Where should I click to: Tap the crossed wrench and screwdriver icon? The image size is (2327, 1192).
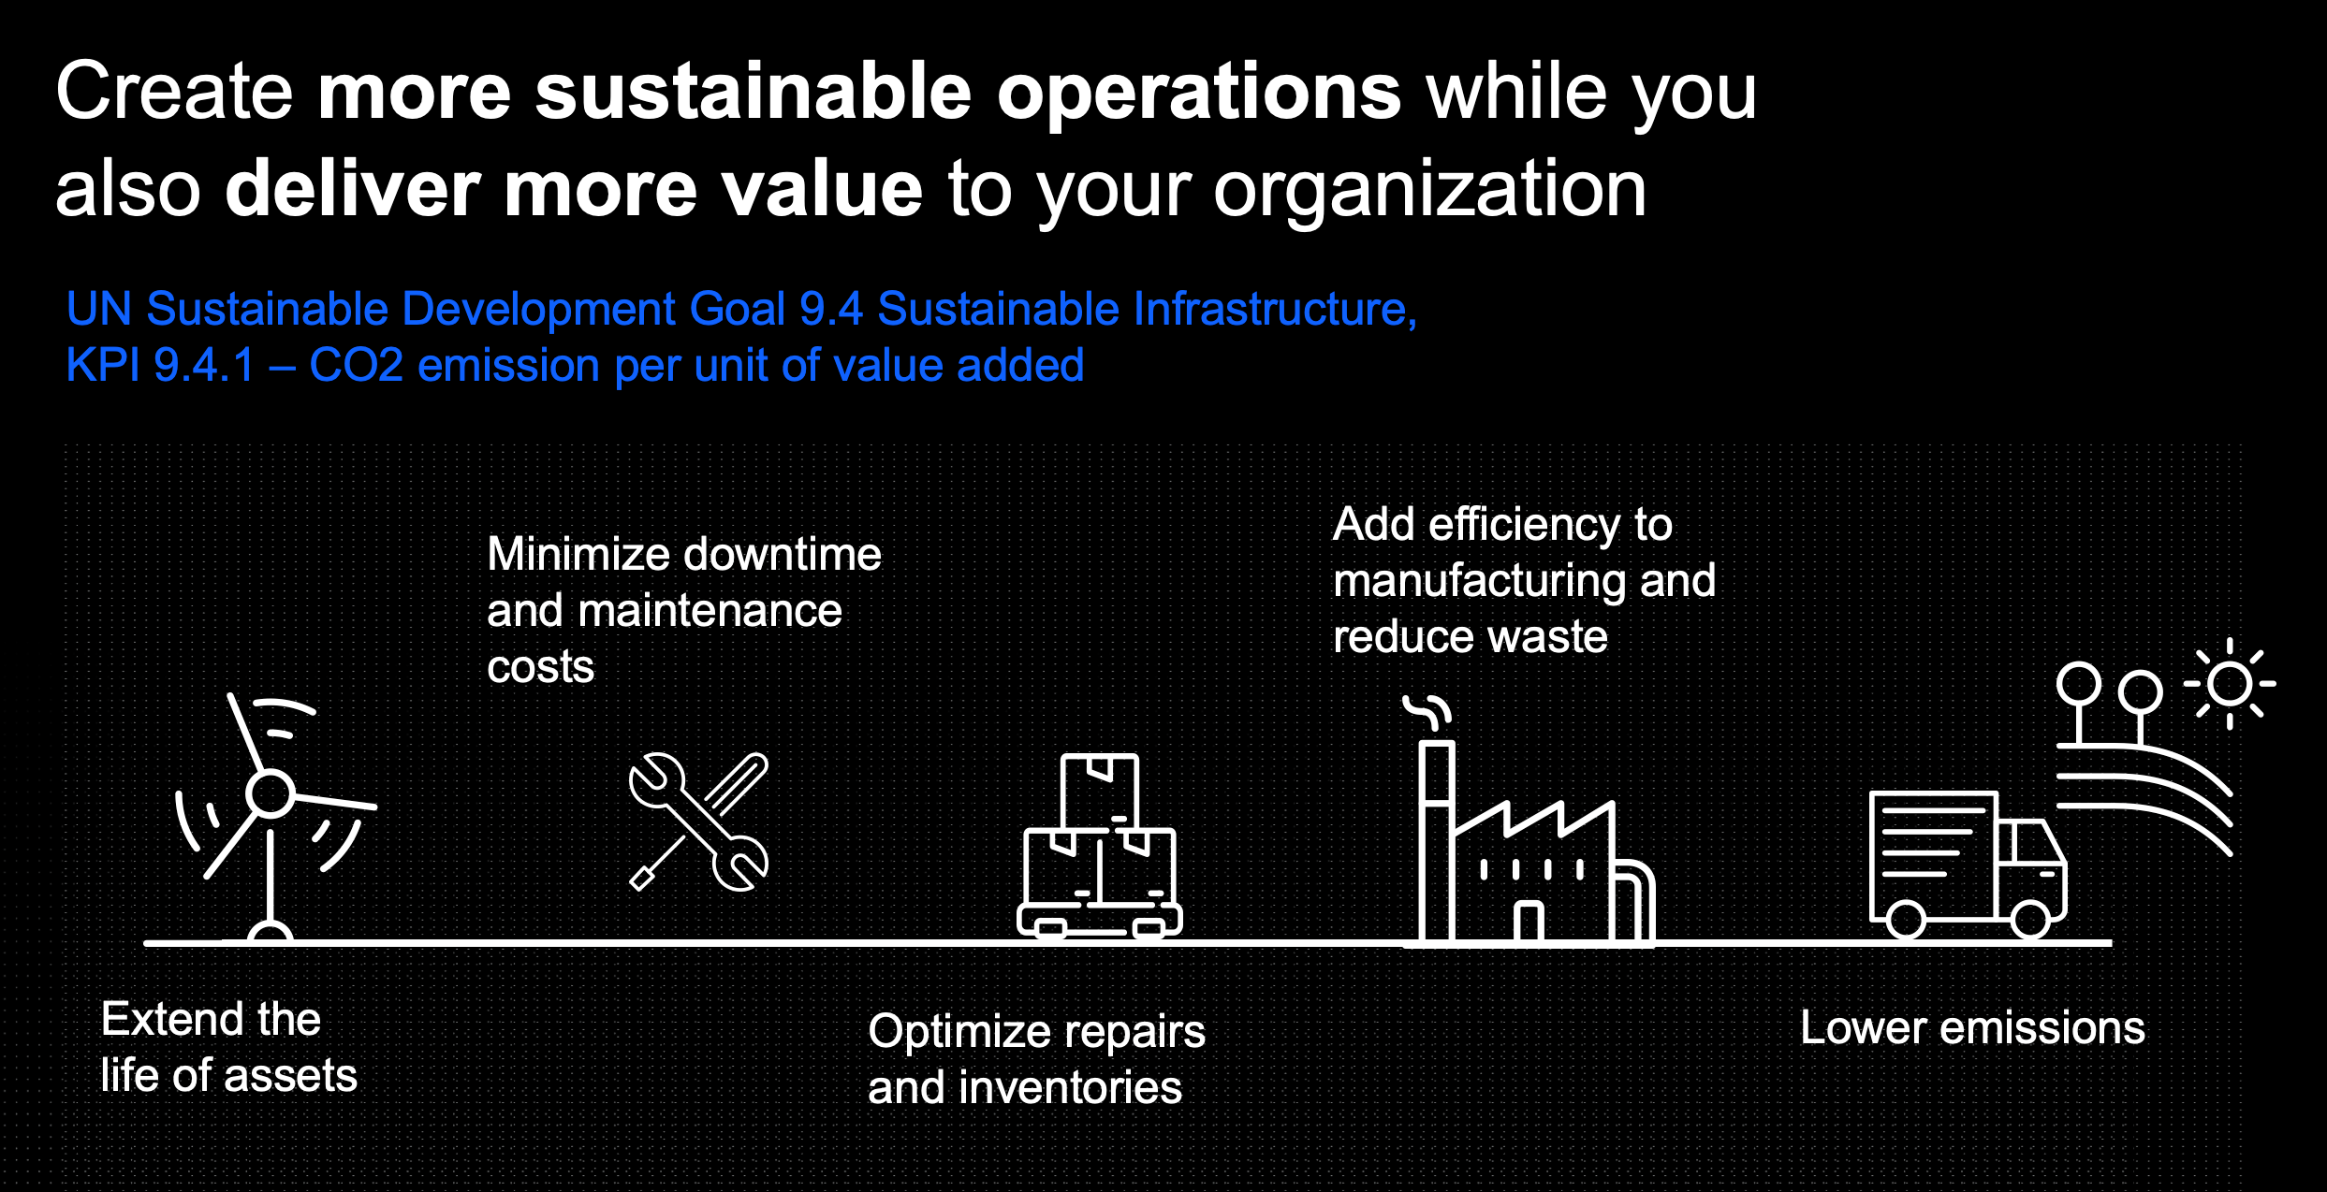[698, 821]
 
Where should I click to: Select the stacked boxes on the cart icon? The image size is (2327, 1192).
[1100, 845]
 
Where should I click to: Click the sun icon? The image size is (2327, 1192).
[2230, 684]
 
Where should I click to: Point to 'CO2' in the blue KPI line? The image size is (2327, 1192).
[356, 365]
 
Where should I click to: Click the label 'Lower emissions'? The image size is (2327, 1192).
[1972, 1027]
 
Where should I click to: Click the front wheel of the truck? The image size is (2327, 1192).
[2030, 920]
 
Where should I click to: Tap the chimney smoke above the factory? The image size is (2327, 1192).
[1427, 712]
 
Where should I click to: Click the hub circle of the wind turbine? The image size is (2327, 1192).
[271, 794]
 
